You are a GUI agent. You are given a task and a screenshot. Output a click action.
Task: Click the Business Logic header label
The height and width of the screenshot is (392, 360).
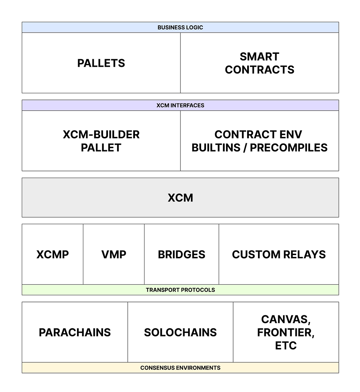(180, 27)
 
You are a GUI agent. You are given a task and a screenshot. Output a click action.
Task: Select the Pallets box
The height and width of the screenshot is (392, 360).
(101, 63)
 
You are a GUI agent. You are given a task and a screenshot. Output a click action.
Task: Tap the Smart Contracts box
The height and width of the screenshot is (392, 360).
(259, 63)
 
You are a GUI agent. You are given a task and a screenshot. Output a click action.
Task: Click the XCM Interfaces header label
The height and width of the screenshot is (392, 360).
(180, 106)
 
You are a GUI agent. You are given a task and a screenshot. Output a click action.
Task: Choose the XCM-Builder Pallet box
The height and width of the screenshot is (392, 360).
(101, 141)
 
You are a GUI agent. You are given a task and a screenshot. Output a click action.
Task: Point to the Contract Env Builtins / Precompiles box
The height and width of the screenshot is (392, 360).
(259, 141)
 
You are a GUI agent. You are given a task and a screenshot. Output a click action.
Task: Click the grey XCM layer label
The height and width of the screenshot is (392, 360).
(180, 198)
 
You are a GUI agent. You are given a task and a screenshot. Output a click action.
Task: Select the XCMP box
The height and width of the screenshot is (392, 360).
(52, 254)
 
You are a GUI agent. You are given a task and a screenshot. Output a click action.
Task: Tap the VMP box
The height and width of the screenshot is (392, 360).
(114, 254)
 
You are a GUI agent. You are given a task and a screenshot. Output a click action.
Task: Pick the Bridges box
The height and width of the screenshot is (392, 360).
(182, 254)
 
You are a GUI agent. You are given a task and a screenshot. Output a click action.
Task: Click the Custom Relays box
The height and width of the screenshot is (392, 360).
(279, 254)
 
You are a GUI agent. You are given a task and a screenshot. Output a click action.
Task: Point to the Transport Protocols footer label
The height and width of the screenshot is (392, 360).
(180, 290)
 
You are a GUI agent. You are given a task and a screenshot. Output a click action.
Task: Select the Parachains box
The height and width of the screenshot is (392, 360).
(75, 332)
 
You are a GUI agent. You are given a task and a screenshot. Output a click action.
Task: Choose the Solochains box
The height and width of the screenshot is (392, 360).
(180, 332)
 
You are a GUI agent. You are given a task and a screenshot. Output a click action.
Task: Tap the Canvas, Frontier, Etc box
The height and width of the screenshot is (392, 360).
(286, 332)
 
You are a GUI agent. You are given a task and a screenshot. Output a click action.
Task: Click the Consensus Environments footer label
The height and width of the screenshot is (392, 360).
(180, 368)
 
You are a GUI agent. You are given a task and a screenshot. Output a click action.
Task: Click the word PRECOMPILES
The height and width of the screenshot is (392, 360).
(289, 147)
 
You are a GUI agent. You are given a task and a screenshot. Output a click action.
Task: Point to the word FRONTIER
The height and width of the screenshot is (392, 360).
(286, 333)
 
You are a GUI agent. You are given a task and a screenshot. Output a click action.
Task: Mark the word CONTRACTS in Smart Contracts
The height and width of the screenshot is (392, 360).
(259, 70)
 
